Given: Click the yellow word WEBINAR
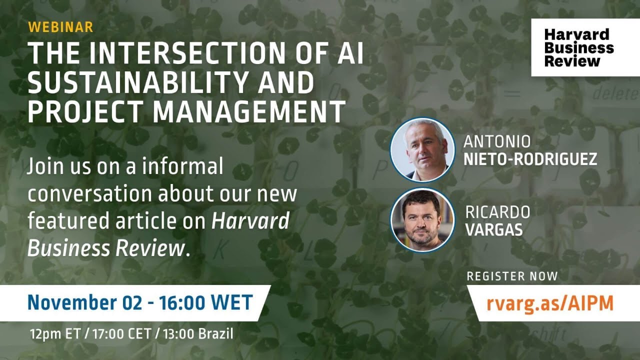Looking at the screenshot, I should [x=60, y=27].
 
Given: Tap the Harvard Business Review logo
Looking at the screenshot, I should [x=579, y=48].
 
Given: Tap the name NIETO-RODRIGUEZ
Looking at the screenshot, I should [x=530, y=159].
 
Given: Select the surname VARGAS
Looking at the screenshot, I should [x=494, y=230].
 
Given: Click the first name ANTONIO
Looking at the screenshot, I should [x=497, y=142].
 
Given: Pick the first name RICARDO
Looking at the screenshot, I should [x=497, y=212].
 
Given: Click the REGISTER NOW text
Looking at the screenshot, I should [x=512, y=276].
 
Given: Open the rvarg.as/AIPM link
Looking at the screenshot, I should [x=550, y=303].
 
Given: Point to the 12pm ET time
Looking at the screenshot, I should [x=54, y=333].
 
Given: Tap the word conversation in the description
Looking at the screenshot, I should [x=90, y=194].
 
